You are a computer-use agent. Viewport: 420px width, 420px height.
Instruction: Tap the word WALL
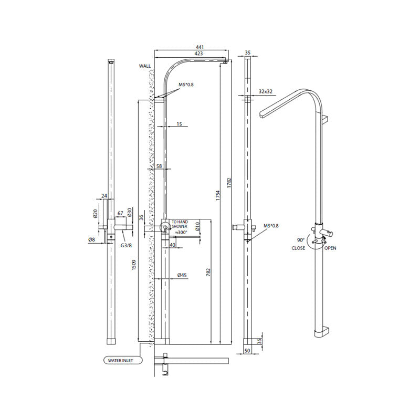pyautogui.click(x=145, y=66)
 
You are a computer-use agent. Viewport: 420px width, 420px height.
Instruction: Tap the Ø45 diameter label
pyautogui.click(x=183, y=275)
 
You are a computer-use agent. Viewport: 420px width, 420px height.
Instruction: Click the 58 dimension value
pyautogui.click(x=159, y=166)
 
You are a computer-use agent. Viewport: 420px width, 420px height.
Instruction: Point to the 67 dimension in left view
pyautogui.click(x=120, y=213)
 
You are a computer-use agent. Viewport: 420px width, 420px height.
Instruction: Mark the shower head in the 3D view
pyautogui.click(x=278, y=108)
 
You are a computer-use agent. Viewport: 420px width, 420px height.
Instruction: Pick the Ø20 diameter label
pyautogui.click(x=95, y=214)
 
